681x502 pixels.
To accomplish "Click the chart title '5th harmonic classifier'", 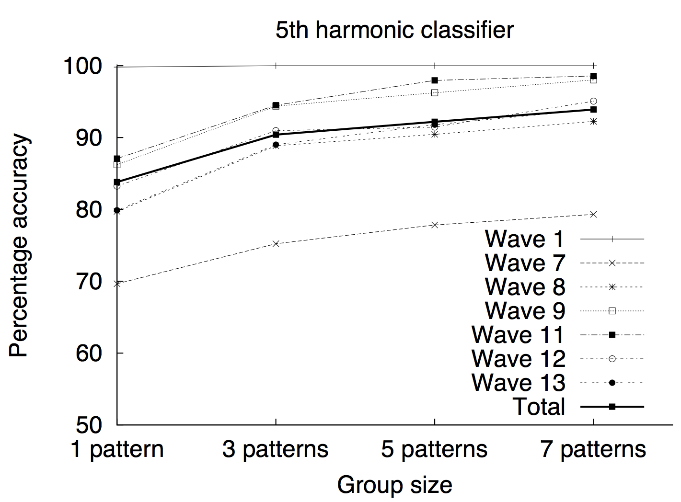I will (394, 30).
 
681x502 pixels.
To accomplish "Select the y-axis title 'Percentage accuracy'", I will (20, 245).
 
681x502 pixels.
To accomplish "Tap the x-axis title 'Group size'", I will (394, 485).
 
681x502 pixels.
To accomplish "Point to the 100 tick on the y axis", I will (83, 66).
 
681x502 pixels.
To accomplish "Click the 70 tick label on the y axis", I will (89, 282).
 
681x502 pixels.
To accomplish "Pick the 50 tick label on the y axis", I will (89, 425).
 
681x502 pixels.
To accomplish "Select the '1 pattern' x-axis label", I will (117, 449).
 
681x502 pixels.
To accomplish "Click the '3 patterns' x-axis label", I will (276, 449).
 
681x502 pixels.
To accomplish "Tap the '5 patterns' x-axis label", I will (434, 449).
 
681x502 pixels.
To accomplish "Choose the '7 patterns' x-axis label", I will (593, 449).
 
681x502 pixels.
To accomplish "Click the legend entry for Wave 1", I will (524, 239).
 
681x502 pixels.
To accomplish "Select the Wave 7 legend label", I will (524, 263).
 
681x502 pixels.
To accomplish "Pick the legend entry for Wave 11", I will (518, 335).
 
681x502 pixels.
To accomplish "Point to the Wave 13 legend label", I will (518, 383).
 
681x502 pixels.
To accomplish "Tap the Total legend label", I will (539, 407).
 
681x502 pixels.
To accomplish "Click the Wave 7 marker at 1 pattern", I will (117, 284).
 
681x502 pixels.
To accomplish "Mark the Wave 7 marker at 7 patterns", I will (593, 214).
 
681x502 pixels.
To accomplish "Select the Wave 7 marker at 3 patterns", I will (276, 243).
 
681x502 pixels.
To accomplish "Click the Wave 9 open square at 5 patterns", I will (435, 92).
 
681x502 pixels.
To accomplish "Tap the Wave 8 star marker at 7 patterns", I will (593, 121).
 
